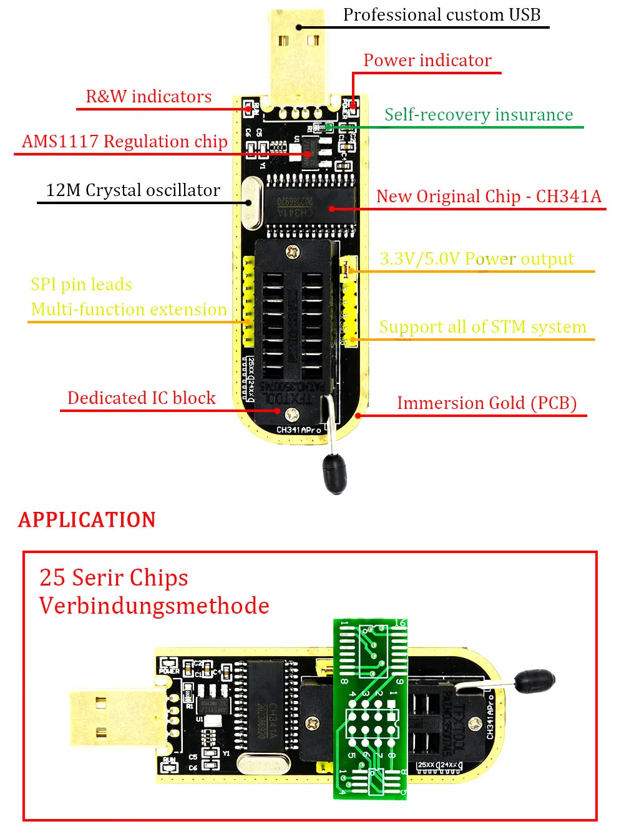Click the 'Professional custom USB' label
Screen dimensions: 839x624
coord(441,15)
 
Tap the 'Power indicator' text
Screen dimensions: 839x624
coord(427,61)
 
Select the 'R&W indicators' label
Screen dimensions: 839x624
coord(149,97)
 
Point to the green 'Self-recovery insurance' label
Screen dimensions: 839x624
coord(478,115)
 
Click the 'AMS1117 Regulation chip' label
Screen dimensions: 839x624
coord(124,142)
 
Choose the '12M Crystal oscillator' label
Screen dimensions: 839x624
coord(133,190)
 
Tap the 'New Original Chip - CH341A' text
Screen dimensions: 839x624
coord(489,197)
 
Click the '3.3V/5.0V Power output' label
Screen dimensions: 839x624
coord(477,259)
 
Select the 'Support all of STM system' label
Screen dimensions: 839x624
coord(482,327)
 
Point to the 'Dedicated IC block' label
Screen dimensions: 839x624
coord(141,398)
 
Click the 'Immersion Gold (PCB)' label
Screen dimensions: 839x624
coord(487,403)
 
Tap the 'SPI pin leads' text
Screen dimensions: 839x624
coord(81,285)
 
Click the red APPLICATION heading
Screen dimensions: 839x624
coord(87,520)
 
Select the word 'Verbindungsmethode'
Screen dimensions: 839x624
coord(154,606)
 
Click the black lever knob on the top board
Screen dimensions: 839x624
coord(334,473)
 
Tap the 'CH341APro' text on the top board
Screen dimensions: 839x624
coord(299,430)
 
